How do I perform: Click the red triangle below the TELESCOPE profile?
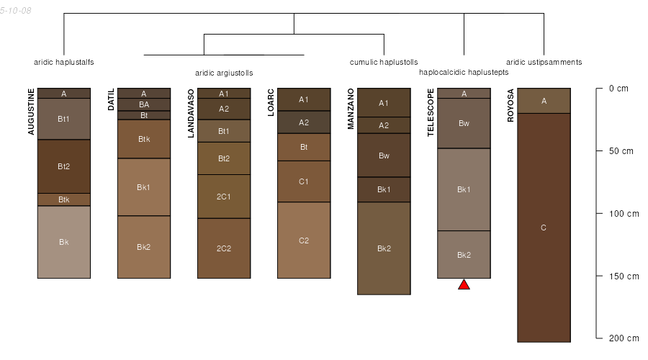(x=464, y=284)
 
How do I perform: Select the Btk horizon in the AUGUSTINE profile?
(x=63, y=199)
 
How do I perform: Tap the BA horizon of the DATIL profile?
(x=144, y=104)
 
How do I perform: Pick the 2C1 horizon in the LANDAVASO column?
(x=224, y=197)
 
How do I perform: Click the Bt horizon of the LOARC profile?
(x=304, y=147)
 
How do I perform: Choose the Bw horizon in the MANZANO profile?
(x=384, y=156)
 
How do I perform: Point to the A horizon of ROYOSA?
(x=544, y=101)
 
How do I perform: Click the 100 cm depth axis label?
(x=624, y=214)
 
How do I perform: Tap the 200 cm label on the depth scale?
(x=624, y=338)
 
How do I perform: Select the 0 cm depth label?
(x=618, y=89)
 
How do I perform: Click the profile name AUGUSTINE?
(x=31, y=112)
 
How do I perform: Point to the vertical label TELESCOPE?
(x=431, y=112)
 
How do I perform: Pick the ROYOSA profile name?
(x=510, y=105)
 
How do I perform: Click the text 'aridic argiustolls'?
(x=224, y=73)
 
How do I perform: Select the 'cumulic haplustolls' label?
(x=384, y=63)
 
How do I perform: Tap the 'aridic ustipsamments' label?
(x=544, y=63)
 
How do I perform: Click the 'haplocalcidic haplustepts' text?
(x=464, y=72)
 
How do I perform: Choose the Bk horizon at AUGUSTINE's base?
(x=63, y=242)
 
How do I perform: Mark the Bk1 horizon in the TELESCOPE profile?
(x=464, y=189)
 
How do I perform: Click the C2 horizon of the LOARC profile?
(x=304, y=240)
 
